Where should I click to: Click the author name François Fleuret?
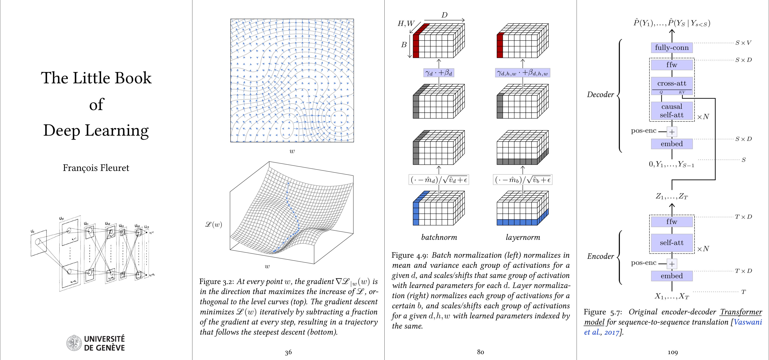tap(96, 168)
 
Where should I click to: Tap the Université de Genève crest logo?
tap(73, 343)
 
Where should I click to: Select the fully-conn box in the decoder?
tap(672, 48)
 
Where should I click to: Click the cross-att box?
tap(672, 83)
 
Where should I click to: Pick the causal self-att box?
tap(672, 111)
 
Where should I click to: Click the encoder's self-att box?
tap(672, 243)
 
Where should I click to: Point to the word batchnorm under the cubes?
tap(439, 237)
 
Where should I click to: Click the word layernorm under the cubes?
tap(523, 237)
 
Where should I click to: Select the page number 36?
tap(288, 352)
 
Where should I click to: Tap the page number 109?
tap(672, 352)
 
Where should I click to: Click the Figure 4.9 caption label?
tap(410, 256)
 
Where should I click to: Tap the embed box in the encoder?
tap(672, 276)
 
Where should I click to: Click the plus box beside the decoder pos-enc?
tap(672, 132)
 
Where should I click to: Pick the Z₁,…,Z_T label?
tap(672, 196)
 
